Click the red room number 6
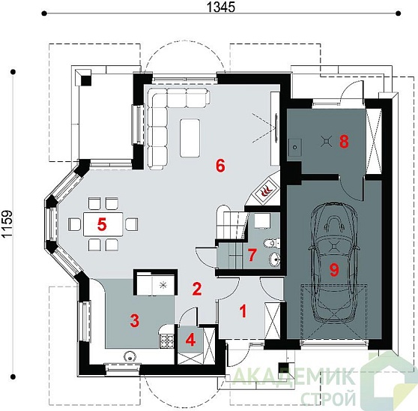[220, 166]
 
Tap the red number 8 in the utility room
[344, 142]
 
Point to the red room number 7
[252, 254]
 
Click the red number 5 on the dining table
[102, 224]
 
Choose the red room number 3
[135, 320]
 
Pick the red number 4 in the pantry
[190, 340]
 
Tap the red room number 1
[243, 311]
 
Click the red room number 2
[197, 289]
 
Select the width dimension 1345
[221, 7]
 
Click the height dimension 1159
[7, 224]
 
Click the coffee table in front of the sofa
[190, 138]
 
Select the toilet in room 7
[271, 243]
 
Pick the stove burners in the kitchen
[166, 341]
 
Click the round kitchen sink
[130, 356]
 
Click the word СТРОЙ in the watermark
[328, 398]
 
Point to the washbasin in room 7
[274, 259]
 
